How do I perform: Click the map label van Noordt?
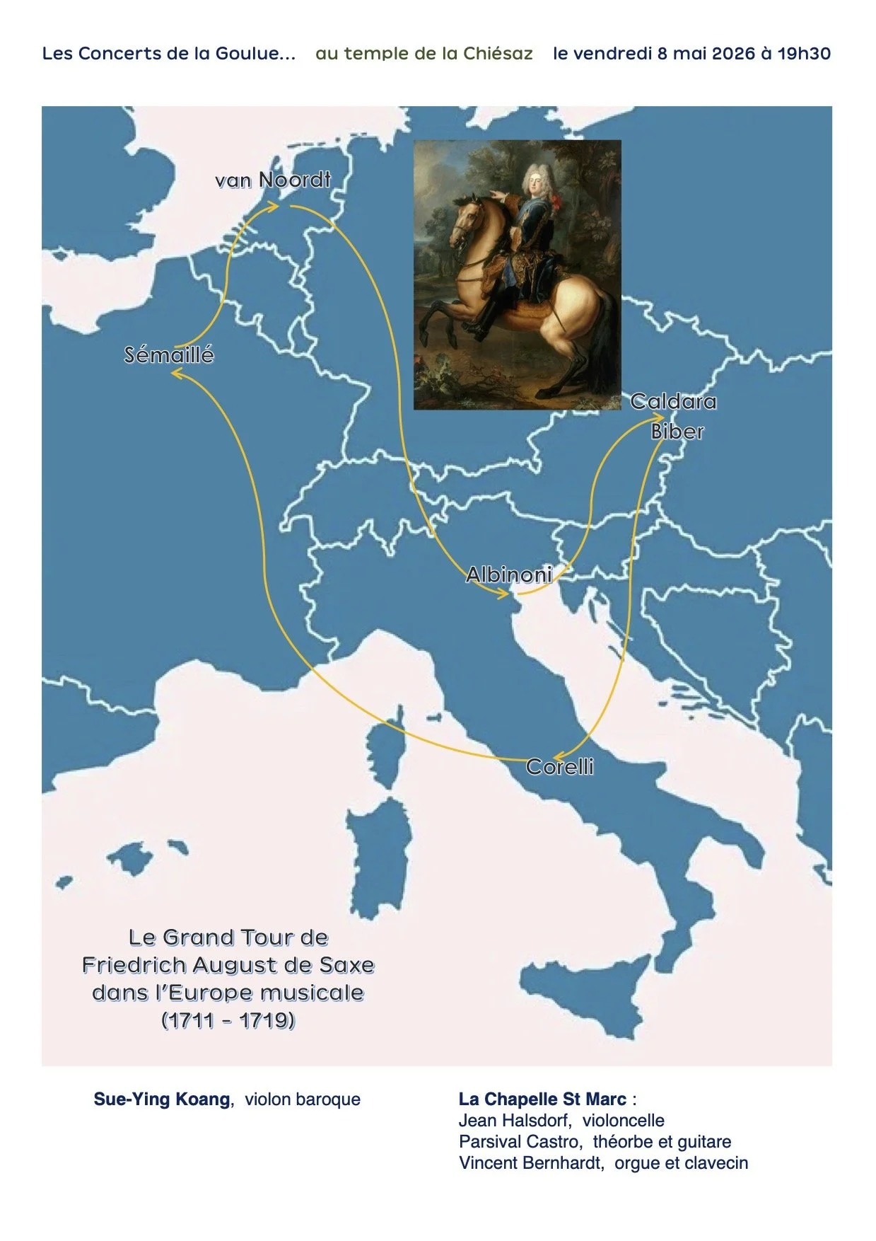click(273, 180)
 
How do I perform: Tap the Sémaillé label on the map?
click(169, 355)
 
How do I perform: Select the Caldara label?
click(673, 402)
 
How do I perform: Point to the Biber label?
click(677, 432)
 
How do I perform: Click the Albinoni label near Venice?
click(509, 575)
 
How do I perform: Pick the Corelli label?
click(560, 767)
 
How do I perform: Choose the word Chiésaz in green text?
click(498, 54)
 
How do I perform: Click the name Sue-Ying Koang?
click(162, 1099)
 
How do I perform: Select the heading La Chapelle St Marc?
click(542, 1099)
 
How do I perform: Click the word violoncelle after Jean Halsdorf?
click(623, 1120)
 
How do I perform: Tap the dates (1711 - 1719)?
click(228, 1020)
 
